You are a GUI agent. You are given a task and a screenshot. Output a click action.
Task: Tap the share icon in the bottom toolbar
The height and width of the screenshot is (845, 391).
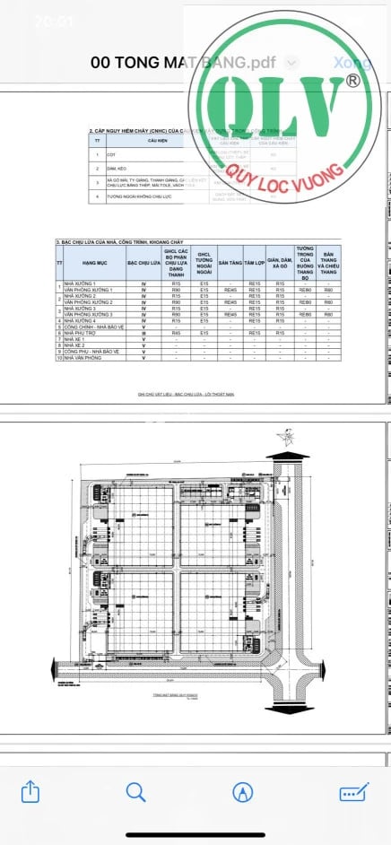[x=30, y=792]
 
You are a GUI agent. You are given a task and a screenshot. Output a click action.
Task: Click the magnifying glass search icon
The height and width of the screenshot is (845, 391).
[x=135, y=792]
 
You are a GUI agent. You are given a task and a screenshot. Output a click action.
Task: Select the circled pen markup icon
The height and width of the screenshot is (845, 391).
[x=241, y=792]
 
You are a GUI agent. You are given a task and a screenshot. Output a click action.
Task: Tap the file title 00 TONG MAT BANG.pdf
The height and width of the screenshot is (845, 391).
[x=182, y=63]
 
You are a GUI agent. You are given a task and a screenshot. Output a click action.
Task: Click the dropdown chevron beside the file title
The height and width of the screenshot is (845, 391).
[x=292, y=63]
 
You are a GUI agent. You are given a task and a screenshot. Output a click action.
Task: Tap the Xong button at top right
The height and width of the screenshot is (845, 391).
[x=352, y=63]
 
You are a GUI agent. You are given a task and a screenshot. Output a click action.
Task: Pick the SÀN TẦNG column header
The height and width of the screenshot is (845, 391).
[x=230, y=264]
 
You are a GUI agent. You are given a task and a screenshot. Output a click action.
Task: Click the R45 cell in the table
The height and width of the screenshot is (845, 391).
[x=177, y=333]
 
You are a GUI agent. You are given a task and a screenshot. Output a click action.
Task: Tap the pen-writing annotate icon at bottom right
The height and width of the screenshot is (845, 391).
[x=355, y=792]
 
